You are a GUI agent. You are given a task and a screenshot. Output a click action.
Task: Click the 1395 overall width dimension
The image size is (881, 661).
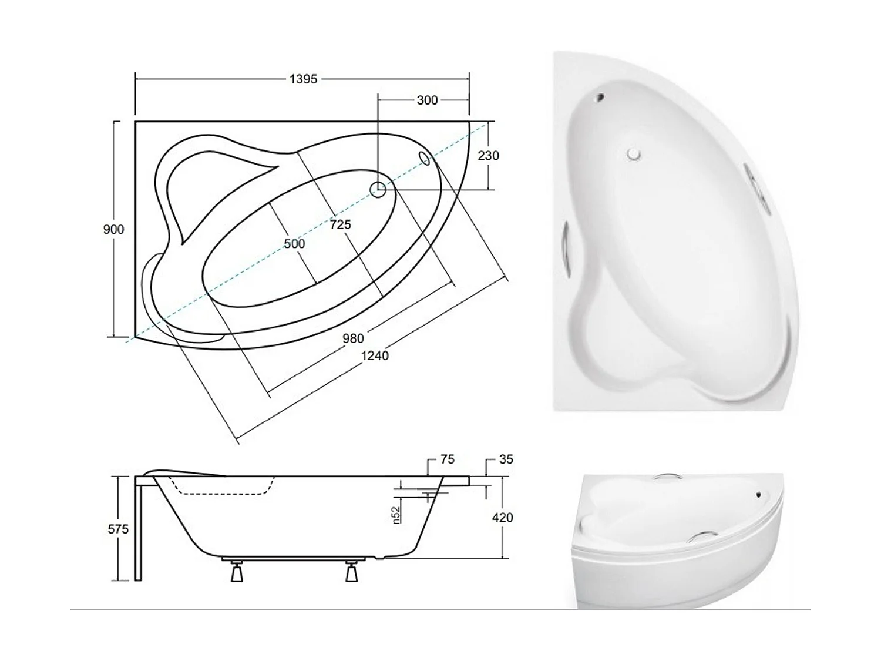(x=303, y=79)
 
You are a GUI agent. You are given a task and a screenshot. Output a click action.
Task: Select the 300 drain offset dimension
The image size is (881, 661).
(x=427, y=100)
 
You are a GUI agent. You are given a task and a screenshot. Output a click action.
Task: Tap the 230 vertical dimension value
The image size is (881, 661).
(x=488, y=156)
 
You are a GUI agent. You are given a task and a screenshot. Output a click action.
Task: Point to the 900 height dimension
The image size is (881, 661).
(x=113, y=229)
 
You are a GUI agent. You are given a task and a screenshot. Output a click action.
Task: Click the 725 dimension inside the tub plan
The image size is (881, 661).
(x=340, y=224)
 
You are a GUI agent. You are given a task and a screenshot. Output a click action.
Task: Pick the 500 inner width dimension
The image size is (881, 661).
(x=294, y=243)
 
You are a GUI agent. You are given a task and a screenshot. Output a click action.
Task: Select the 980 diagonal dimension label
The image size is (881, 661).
(x=353, y=338)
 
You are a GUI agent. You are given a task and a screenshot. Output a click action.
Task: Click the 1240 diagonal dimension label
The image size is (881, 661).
(x=375, y=355)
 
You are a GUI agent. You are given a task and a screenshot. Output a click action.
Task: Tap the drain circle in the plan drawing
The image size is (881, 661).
(x=378, y=189)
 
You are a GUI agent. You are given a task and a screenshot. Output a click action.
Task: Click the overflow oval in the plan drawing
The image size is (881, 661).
(x=425, y=158)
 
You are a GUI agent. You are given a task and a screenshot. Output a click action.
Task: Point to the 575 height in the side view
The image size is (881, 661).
(x=118, y=529)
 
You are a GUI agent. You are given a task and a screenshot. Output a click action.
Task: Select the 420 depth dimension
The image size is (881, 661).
(x=502, y=518)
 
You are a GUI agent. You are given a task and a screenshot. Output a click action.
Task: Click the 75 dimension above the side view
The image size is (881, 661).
(x=447, y=459)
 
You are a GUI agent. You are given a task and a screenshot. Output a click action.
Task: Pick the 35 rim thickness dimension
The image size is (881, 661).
(x=506, y=459)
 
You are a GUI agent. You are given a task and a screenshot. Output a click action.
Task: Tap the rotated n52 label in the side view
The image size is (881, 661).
(x=396, y=515)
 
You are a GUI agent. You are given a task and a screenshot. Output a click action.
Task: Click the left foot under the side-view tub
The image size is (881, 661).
(x=237, y=571)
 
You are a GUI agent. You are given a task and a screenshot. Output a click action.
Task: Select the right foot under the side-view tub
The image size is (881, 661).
(x=351, y=571)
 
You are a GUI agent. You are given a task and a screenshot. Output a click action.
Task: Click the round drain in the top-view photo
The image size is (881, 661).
(x=633, y=155)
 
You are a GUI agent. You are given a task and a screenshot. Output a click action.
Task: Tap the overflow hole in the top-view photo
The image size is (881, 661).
(x=599, y=98)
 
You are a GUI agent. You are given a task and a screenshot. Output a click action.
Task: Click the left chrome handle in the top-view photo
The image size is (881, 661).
(x=566, y=247)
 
